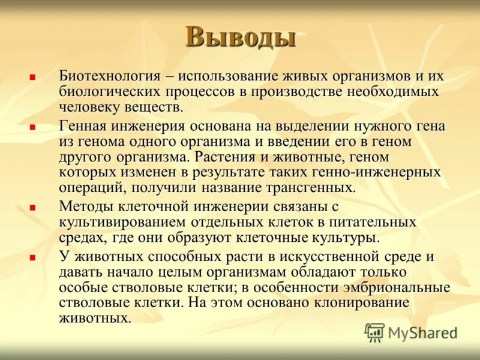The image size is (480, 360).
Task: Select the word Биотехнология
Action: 109,76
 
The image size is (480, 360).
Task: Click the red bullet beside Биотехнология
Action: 32,77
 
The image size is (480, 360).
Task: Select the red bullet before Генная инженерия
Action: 32,127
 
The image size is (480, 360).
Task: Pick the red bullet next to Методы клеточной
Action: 32,207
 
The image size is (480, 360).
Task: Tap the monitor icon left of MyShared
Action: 374,332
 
